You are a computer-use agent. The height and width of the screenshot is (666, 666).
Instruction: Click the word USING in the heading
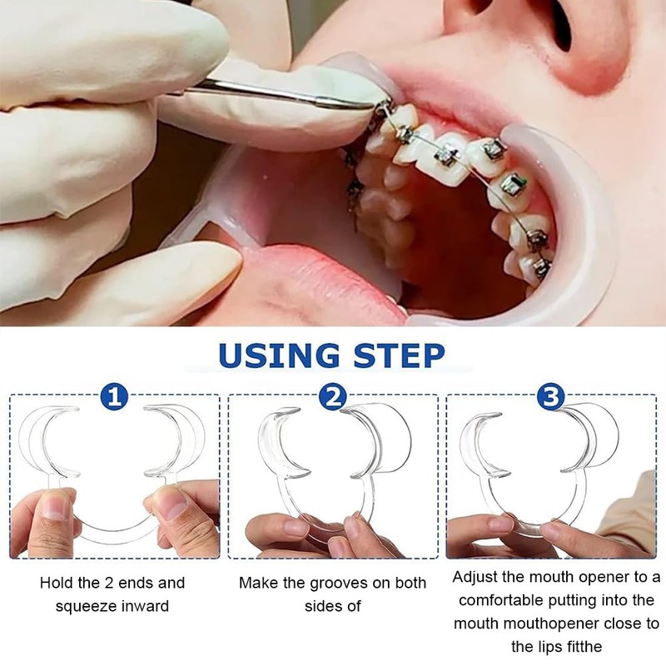(278, 355)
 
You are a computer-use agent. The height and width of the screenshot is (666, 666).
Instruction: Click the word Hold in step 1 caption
(57, 583)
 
